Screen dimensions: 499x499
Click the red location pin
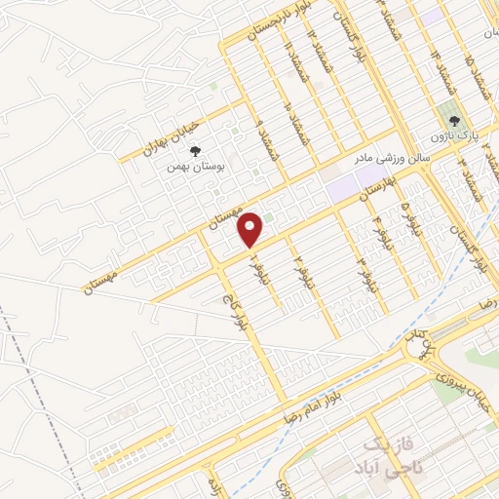[250, 229]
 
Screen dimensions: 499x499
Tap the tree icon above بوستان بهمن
[195, 151]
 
